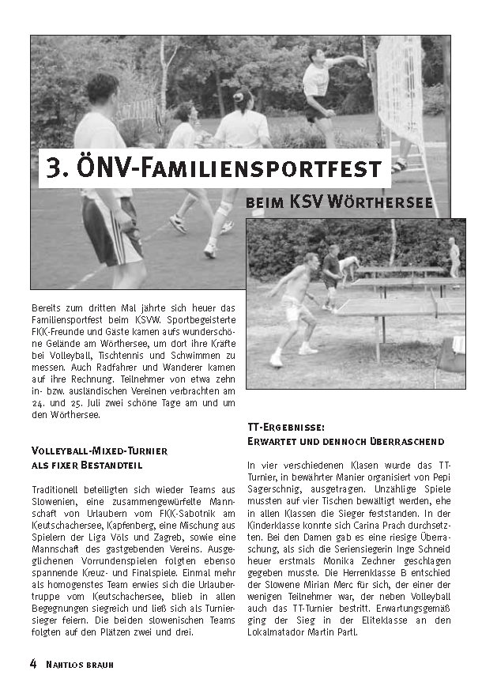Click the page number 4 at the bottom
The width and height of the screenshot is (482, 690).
click(x=34, y=664)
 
